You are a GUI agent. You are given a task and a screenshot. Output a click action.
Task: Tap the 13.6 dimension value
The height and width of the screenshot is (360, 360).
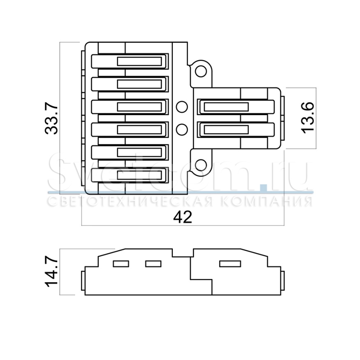click(307, 118)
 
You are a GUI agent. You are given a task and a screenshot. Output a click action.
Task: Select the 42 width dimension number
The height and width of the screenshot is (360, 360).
click(183, 217)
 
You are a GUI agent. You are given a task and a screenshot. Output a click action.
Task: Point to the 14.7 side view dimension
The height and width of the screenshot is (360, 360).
click(51, 272)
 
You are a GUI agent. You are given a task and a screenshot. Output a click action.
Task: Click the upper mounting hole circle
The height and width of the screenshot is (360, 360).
click(201, 72)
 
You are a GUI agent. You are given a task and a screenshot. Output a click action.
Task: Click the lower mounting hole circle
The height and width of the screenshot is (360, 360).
click(201, 165)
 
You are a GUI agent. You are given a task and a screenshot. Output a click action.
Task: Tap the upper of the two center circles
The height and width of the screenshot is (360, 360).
click(182, 107)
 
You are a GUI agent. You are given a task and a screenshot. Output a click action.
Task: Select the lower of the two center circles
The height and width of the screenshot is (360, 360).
click(182, 130)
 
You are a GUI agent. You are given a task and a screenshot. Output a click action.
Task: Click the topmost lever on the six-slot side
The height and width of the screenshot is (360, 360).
click(130, 61)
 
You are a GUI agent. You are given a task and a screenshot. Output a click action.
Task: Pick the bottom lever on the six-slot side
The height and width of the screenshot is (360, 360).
click(130, 175)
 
